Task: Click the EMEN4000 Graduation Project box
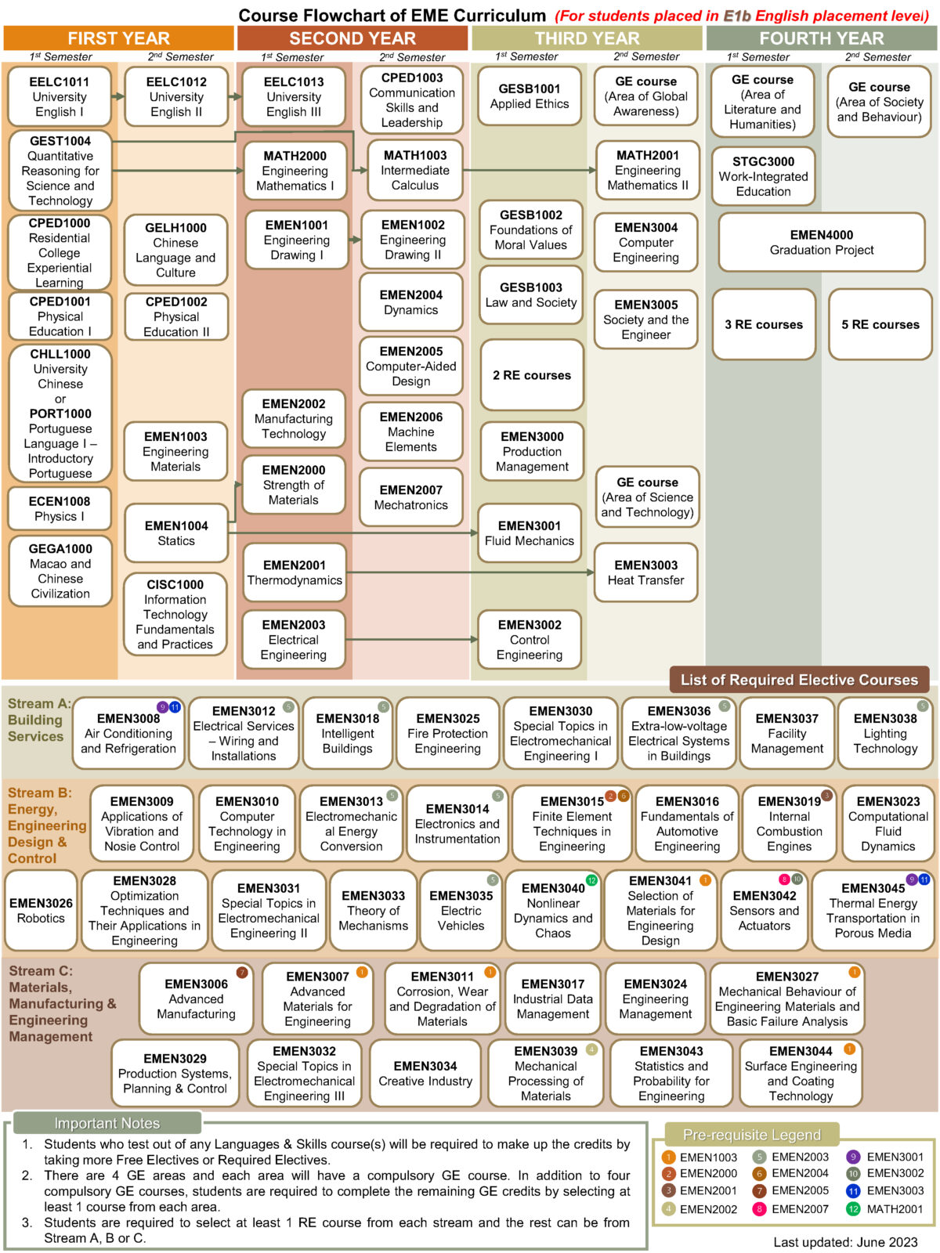tap(821, 242)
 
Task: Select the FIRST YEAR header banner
tap(118, 38)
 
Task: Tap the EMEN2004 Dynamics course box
tap(410, 302)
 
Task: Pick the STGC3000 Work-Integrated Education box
tap(763, 176)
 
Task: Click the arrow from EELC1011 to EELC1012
tap(117, 96)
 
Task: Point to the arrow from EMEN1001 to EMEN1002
tap(354, 240)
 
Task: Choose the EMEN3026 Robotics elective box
tap(41, 910)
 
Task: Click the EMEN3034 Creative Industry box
tap(425, 1074)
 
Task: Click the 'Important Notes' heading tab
tap(107, 1123)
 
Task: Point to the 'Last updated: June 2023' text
tap(845, 1241)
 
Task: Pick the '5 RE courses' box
tap(880, 324)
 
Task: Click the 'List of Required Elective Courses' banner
tap(799, 680)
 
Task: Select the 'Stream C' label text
tap(41, 971)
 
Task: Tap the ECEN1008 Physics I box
tap(60, 509)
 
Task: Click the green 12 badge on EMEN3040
tap(592, 879)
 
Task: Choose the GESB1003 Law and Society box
tap(531, 295)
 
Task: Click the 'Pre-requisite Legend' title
tap(751, 1134)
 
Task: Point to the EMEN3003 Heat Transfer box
tap(645, 572)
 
